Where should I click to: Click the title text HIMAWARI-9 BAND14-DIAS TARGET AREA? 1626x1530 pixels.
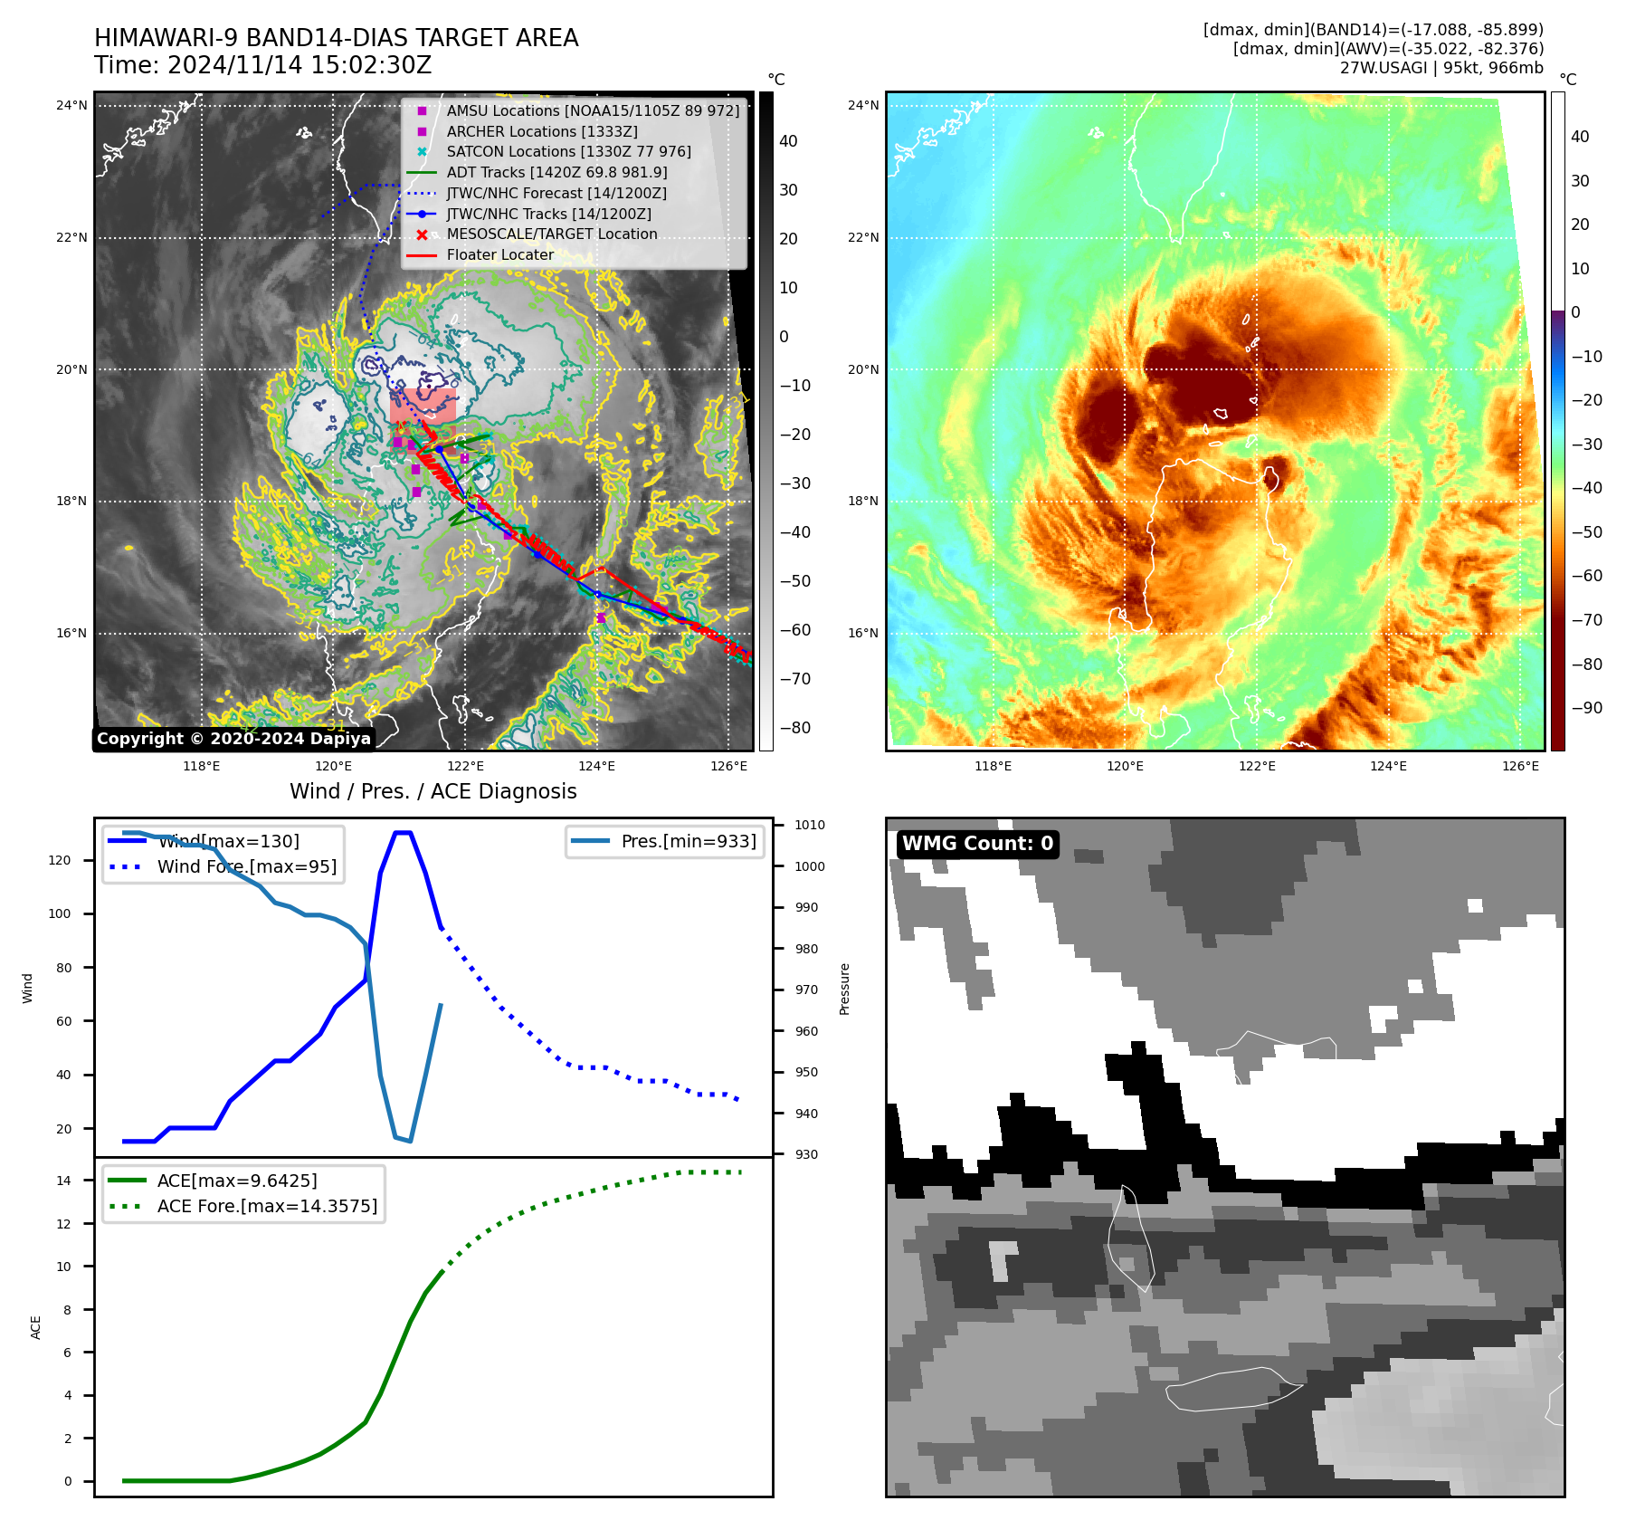336,38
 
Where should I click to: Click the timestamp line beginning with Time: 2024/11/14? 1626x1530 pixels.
262,65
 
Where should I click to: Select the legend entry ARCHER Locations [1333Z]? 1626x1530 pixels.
541,131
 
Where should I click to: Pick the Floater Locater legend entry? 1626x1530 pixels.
499,254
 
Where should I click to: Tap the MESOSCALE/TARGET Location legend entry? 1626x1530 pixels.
551,234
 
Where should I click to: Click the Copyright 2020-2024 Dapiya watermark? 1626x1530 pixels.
233,739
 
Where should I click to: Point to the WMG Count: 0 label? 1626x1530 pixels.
977,844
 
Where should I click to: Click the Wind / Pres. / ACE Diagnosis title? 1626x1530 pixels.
433,791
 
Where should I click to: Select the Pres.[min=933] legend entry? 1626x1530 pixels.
688,841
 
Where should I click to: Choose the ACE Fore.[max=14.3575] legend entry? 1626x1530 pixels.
267,1206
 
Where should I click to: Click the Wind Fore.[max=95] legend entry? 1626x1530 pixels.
246,866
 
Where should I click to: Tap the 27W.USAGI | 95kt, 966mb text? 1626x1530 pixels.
1441,68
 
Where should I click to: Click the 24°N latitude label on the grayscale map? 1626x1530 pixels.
71,105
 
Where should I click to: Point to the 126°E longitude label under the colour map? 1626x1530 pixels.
1520,766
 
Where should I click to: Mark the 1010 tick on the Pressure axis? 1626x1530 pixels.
810,825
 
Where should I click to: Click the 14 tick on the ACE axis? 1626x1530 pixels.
63,1181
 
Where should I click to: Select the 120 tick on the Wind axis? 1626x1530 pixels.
59,860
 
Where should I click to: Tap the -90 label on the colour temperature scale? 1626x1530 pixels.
1586,708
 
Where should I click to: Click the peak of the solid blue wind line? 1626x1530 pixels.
403,832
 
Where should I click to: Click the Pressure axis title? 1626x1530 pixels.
844,989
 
